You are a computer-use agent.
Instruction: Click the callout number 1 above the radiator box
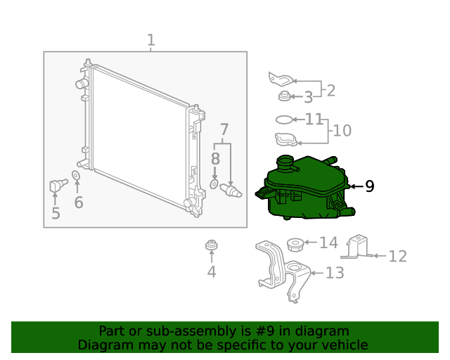pos(151,40)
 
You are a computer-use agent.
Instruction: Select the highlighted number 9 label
pos(370,186)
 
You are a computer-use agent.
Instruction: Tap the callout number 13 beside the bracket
pos(335,273)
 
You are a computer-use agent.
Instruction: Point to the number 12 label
pos(398,257)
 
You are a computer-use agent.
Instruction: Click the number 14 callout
pos(329,243)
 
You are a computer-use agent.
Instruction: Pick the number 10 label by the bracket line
pos(342,131)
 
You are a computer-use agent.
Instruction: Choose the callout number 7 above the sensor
pos(224,129)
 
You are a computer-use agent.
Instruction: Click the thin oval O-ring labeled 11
pos(284,120)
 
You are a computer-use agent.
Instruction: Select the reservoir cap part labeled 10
pos(286,139)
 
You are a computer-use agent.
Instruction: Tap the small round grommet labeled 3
pos(284,96)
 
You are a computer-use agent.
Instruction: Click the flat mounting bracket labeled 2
pos(281,79)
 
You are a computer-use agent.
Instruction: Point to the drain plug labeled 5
pos(58,185)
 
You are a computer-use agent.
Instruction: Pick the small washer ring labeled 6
pos(76,175)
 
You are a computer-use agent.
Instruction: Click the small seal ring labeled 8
pos(214,184)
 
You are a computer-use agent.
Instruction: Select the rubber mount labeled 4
pos(212,245)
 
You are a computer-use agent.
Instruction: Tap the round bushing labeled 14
pos(295,245)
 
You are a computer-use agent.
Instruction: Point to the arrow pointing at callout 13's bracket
pos(317,273)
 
